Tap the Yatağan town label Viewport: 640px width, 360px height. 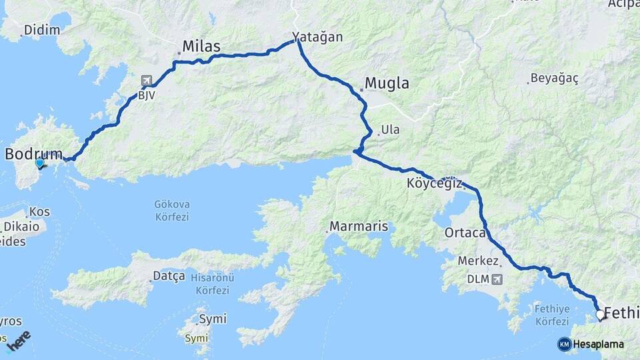click(x=317, y=37)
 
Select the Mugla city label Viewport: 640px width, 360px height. click(x=387, y=84)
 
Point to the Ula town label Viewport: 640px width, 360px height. click(x=390, y=130)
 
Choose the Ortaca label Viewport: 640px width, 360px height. click(x=465, y=233)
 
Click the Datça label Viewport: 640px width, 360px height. click(x=169, y=276)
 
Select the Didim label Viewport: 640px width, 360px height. click(x=41, y=30)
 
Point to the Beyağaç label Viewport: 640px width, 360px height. click(x=554, y=79)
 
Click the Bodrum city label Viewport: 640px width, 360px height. click(x=33, y=153)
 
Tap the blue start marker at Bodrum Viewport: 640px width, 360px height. click(x=39, y=162)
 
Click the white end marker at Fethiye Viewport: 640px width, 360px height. click(x=600, y=315)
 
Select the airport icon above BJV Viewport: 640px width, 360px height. click(x=147, y=81)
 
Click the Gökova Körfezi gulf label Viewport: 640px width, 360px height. click(x=171, y=211)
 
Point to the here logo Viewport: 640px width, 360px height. click(x=18, y=341)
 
